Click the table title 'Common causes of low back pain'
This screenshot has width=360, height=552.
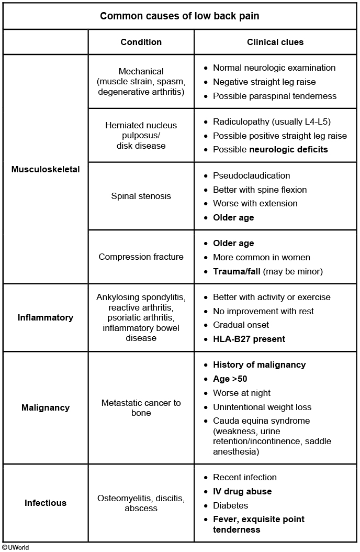click(179, 16)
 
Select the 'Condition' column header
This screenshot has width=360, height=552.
click(141, 42)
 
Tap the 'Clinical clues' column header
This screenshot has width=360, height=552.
click(275, 42)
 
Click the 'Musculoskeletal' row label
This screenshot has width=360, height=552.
click(46, 169)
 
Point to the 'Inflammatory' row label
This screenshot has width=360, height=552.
click(46, 317)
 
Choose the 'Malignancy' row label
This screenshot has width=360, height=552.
click(46, 407)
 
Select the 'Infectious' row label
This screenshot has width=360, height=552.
click(46, 503)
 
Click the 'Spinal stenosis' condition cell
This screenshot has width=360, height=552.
click(141, 196)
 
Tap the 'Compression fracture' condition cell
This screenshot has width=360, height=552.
click(141, 257)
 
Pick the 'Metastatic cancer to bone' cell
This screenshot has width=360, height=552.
click(141, 407)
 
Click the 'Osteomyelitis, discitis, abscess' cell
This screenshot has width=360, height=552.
click(141, 503)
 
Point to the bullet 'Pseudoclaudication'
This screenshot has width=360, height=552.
click(251, 175)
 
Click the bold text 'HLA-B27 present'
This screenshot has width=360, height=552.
click(249, 339)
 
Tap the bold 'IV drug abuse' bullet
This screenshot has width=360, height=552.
click(242, 491)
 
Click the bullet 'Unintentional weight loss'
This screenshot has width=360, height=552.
click(262, 407)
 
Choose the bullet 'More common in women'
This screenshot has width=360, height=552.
click(261, 257)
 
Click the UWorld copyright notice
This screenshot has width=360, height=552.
click(15, 547)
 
